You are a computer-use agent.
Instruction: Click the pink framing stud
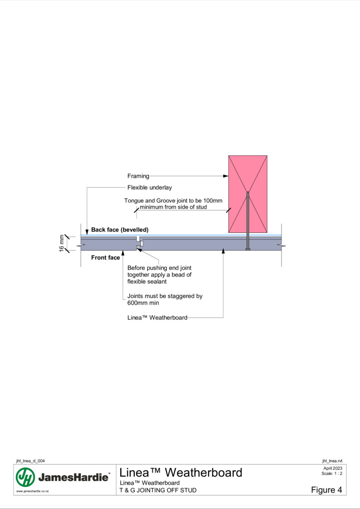point(248,194)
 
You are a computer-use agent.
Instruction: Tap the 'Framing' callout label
point(138,176)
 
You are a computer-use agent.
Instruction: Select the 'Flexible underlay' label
point(149,187)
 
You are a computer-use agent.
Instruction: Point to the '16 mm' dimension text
point(62,244)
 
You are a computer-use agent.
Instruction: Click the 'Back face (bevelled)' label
point(119,230)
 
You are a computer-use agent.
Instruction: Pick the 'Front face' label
point(105,257)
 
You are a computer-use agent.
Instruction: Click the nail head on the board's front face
point(248,250)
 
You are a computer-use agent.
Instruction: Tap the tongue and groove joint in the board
point(140,244)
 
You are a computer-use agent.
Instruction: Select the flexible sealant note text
point(159,274)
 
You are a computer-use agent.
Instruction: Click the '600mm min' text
point(143,303)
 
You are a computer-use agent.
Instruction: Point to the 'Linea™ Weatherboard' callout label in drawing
point(157,317)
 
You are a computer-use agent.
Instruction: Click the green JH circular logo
point(25,477)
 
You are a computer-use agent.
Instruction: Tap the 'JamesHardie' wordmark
point(74,477)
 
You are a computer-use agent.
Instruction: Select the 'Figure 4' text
point(327,490)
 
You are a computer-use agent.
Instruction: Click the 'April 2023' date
point(333,468)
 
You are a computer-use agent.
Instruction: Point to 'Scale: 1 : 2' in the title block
point(332,473)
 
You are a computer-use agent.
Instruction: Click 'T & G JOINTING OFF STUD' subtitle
point(158,490)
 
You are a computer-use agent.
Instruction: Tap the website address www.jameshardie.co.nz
point(32,491)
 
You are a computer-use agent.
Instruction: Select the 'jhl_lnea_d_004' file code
point(30,461)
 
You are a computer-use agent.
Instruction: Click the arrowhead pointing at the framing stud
point(226,176)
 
